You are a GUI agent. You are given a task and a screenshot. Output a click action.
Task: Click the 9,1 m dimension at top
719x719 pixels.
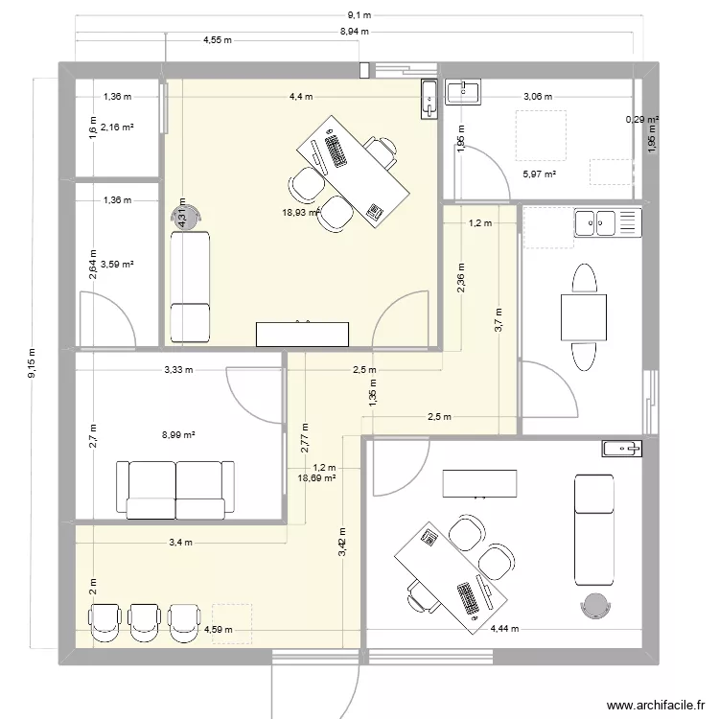pos(359,15)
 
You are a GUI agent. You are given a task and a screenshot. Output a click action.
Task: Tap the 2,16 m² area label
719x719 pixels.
pos(118,127)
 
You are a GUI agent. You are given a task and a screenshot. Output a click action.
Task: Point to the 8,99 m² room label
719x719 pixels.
pos(178,434)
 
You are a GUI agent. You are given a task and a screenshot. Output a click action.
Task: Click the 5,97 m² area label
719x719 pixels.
pos(539,174)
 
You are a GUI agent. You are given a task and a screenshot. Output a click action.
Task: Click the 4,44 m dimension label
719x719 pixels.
pos(504,629)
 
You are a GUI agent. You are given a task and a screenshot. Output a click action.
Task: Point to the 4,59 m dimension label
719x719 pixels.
pos(217,629)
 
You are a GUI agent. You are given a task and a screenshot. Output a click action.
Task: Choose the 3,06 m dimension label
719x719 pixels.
pos(537,96)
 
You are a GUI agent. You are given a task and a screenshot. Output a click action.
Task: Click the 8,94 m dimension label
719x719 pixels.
pos(356,32)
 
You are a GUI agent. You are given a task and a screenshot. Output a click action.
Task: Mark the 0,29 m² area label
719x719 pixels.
pos(641,120)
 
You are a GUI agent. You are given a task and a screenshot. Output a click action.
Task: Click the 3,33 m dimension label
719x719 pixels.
pos(178,369)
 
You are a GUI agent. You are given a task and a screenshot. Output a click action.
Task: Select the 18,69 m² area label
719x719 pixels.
pos(316,476)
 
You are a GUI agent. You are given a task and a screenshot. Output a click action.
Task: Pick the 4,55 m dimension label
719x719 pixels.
pos(218,40)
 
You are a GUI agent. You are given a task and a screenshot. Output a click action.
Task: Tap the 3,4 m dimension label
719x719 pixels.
pos(180,542)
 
